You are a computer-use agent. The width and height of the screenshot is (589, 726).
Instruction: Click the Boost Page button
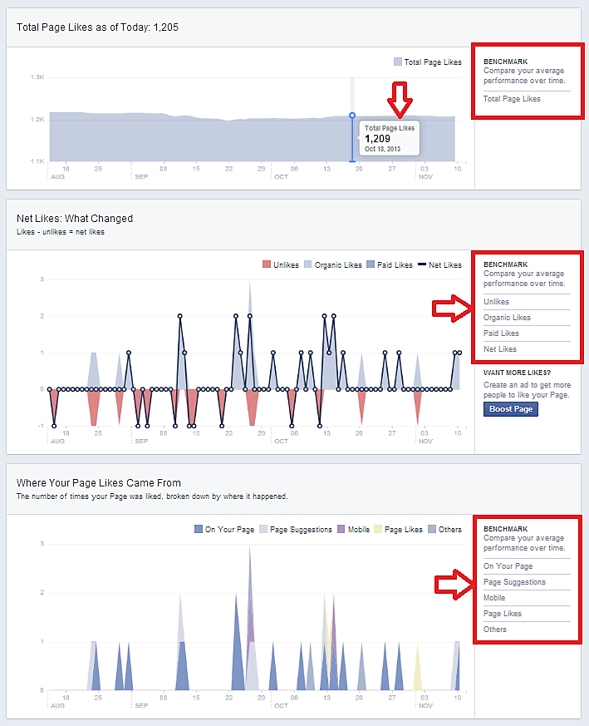511,409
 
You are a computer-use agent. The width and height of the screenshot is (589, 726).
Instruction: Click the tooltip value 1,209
378,138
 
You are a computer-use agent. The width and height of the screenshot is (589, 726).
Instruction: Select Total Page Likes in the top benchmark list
512,99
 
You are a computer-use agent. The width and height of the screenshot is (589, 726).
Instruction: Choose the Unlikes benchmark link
497,302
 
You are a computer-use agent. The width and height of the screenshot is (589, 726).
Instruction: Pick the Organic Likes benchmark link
507,318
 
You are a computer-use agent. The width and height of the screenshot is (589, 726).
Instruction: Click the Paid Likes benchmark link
501,333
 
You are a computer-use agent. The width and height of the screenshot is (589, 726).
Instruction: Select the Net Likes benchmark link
500,349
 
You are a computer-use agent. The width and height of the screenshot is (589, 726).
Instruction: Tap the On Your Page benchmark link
508,566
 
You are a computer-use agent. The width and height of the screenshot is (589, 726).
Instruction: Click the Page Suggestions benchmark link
514,582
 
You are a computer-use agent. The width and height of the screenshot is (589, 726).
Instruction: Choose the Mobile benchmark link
495,598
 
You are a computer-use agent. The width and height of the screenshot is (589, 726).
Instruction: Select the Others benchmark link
495,630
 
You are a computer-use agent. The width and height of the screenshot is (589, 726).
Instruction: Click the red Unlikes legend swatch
267,265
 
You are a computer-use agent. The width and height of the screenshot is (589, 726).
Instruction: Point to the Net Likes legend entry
440,265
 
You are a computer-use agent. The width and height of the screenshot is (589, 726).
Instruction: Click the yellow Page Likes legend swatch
378,530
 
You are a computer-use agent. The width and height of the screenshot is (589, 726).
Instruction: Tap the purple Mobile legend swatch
341,530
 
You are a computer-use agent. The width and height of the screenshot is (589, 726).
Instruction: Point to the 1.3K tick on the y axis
37,77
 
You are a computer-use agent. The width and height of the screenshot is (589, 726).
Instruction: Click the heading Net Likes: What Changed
75,219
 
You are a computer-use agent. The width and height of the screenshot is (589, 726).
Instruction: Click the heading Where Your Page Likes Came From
99,483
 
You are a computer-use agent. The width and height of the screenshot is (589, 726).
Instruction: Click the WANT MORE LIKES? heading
518,373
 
